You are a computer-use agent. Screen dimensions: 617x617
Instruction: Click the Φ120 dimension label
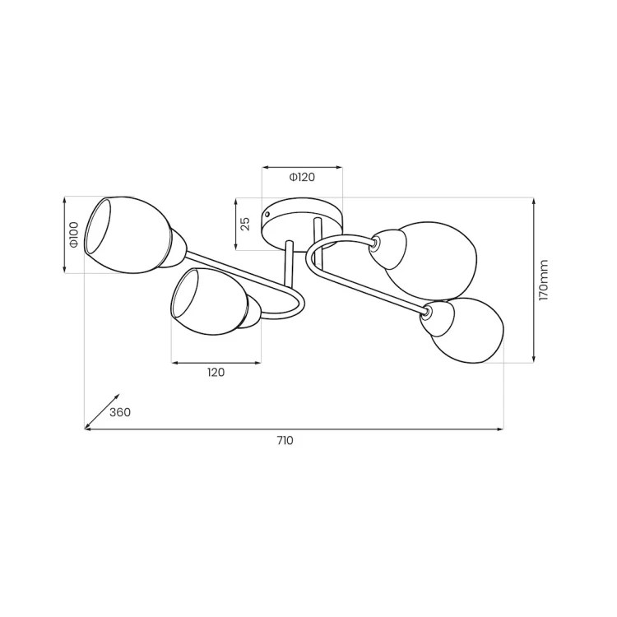[x=302, y=177]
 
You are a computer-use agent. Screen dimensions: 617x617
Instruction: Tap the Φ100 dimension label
[x=73, y=235]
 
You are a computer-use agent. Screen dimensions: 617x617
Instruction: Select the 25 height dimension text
[x=245, y=224]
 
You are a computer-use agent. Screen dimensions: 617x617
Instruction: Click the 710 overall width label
[x=285, y=441]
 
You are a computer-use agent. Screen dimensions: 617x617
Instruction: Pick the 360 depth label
[x=120, y=412]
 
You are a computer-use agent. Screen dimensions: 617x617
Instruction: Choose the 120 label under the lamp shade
[x=216, y=373]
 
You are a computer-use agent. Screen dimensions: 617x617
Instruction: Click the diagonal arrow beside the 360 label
[x=101, y=411]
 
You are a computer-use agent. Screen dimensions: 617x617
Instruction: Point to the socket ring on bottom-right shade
[x=427, y=313]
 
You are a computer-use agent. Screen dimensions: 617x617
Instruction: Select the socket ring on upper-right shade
[x=376, y=243]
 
